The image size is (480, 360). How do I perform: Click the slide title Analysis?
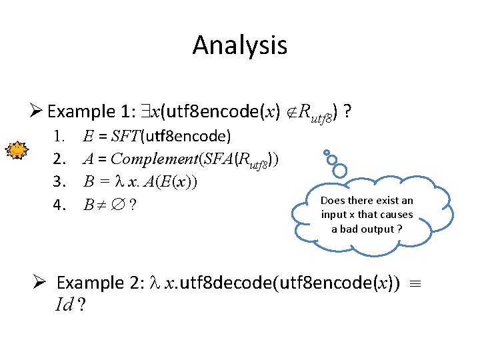tap(240, 45)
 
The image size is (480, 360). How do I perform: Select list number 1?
tap(59, 137)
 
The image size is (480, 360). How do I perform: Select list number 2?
tap(59, 159)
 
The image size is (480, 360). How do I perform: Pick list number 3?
tap(59, 181)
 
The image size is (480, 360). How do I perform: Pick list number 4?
tap(59, 204)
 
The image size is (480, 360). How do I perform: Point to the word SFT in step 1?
tap(121, 137)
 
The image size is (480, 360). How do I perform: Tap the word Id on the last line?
tap(65, 305)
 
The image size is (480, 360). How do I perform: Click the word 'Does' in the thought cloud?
tap(333, 200)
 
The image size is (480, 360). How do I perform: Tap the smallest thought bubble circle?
tap(323, 153)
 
